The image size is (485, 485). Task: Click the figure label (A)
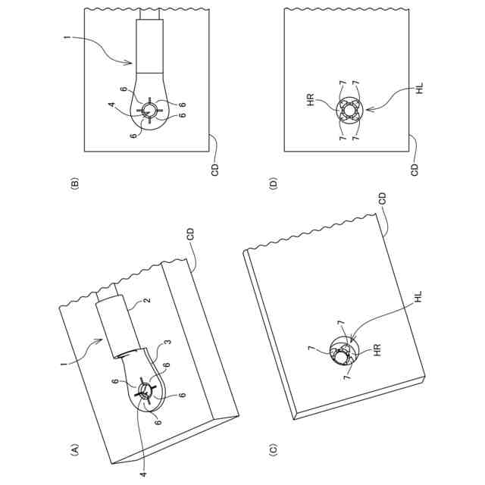[x=74, y=451]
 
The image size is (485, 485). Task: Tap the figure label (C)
[x=273, y=451]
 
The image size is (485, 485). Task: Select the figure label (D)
[x=274, y=182]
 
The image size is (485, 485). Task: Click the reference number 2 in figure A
[x=146, y=301]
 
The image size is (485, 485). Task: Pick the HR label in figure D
[x=310, y=99]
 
